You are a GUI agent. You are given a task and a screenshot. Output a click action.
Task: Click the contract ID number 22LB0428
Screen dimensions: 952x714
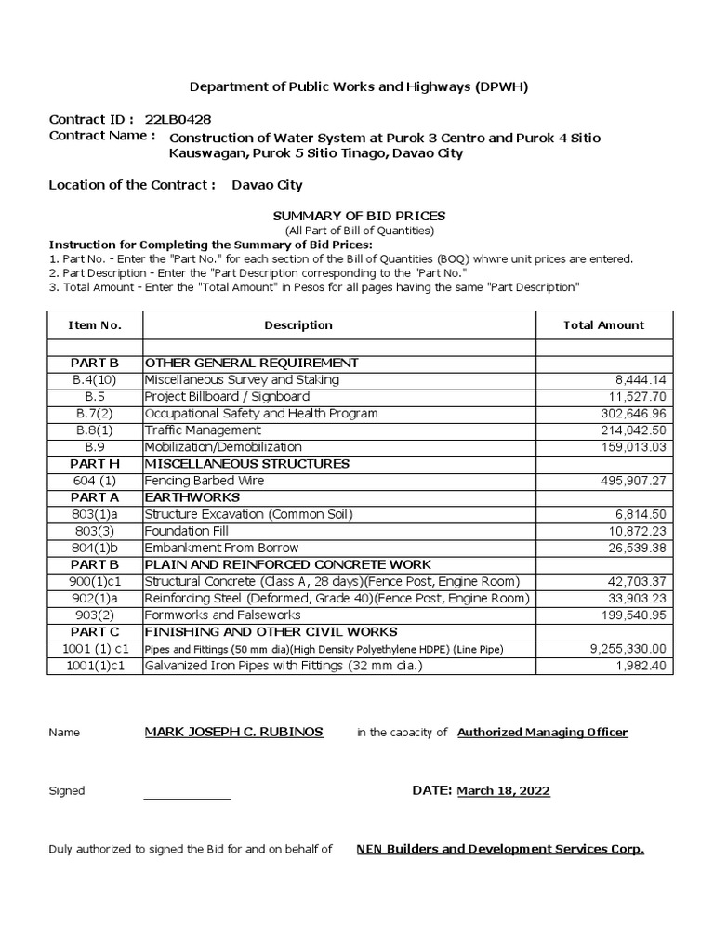pos(176,120)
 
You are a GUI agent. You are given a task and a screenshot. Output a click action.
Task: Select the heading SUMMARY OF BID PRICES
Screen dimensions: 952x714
pos(359,216)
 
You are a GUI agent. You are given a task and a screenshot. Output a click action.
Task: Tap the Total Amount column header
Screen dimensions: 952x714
pos(603,324)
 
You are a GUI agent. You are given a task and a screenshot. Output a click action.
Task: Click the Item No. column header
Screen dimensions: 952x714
pos(94,324)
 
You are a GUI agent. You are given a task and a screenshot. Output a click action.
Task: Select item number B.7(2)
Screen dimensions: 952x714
pos(94,414)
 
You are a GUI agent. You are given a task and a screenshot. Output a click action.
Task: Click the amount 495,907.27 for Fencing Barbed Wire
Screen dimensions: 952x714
pos(629,481)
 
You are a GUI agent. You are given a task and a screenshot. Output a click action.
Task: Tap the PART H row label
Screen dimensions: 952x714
pos(94,464)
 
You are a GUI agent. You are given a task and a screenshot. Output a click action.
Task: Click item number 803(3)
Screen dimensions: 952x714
pos(94,531)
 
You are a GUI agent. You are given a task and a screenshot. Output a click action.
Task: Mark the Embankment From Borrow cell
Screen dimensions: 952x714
pos(221,548)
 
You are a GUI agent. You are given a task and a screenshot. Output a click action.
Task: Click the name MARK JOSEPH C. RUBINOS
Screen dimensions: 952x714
pos(233,732)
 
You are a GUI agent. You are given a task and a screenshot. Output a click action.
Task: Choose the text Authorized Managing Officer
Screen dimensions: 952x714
pos(542,732)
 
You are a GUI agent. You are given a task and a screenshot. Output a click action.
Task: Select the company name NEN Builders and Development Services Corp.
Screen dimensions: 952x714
pos(499,849)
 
